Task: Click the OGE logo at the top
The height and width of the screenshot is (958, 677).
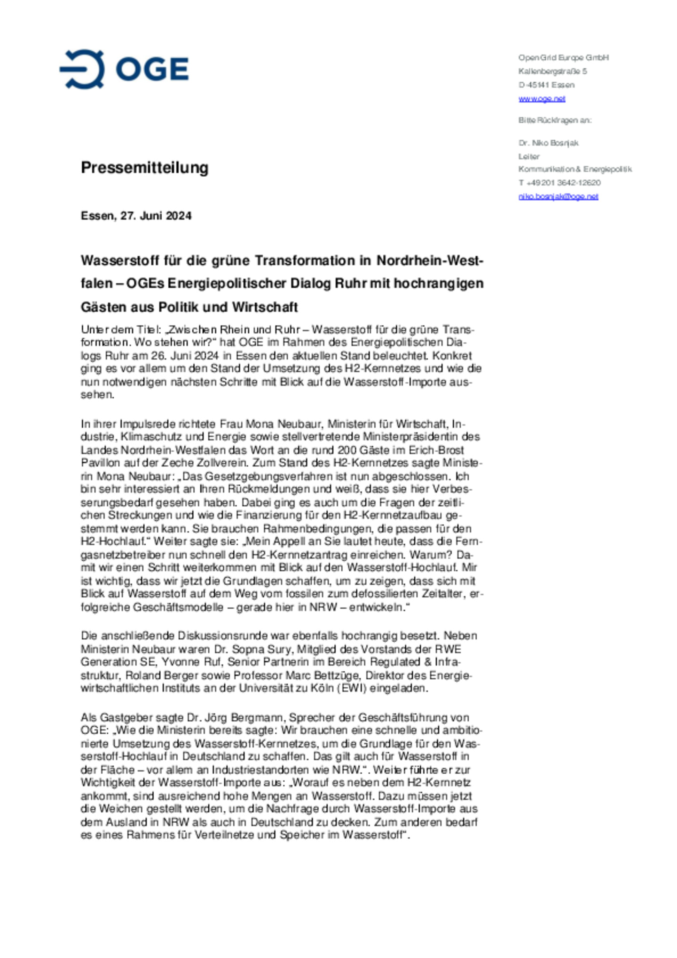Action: [x=124, y=69]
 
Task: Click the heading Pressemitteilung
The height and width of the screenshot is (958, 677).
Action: [x=144, y=168]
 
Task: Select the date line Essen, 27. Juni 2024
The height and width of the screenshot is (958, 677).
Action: [x=136, y=216]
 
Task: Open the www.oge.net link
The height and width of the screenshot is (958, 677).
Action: [x=542, y=99]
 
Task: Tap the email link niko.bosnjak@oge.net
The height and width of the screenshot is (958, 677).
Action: [x=558, y=196]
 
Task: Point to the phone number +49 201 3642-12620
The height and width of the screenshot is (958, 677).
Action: [x=563, y=182]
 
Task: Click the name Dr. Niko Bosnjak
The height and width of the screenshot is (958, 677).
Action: [x=548, y=143]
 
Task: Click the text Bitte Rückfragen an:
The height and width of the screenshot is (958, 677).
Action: [x=555, y=120]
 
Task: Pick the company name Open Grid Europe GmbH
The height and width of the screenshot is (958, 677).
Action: [x=563, y=58]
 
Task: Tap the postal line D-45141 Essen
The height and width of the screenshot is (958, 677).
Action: [x=546, y=85]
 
